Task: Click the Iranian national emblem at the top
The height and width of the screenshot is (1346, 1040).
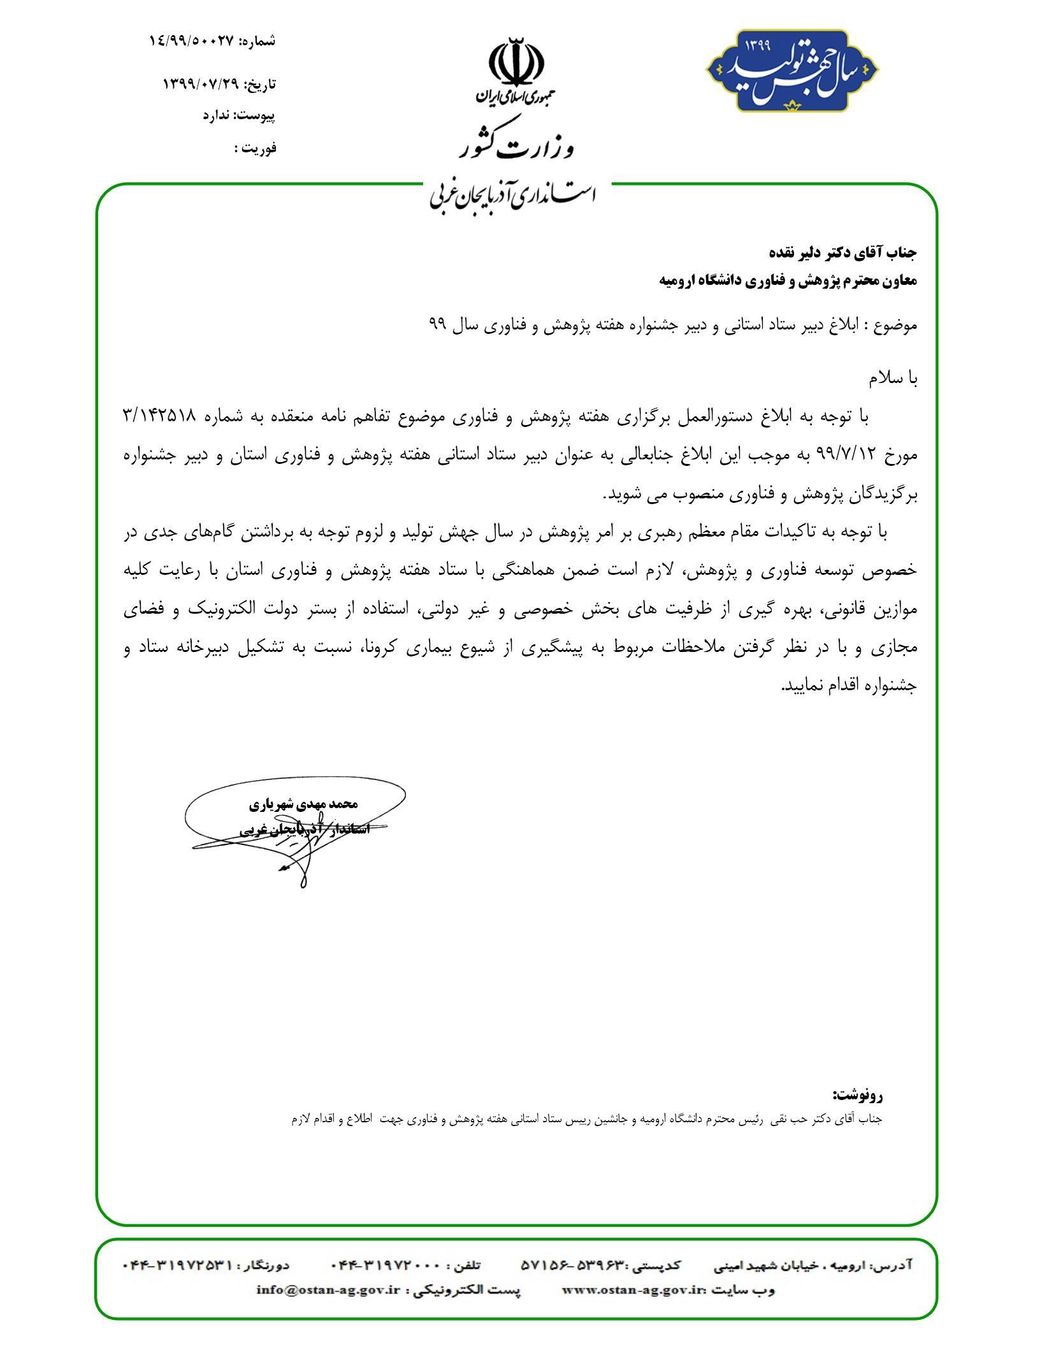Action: pyautogui.click(x=516, y=64)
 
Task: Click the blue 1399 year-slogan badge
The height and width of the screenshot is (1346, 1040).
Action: pyautogui.click(x=791, y=70)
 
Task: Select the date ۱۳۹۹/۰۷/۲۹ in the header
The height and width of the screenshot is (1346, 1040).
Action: pyautogui.click(x=200, y=83)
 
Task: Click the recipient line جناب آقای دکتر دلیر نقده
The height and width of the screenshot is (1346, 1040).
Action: pyautogui.click(x=843, y=252)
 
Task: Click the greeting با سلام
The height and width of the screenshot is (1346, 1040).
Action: pyautogui.click(x=893, y=379)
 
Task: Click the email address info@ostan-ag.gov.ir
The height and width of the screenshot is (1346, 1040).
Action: pyautogui.click(x=328, y=1289)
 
